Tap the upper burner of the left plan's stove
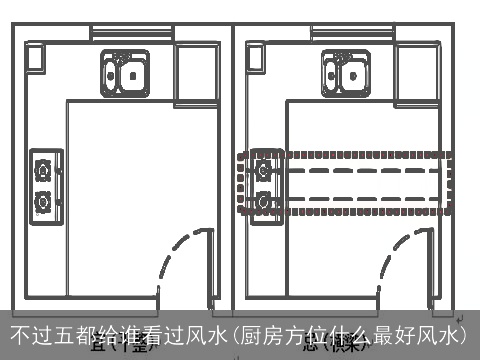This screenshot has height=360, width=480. tap(43, 169)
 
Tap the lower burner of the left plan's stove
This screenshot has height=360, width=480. tap(43, 202)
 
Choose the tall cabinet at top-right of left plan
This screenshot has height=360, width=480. tap(196, 68)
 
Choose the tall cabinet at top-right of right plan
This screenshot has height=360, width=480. tap(418, 68)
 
